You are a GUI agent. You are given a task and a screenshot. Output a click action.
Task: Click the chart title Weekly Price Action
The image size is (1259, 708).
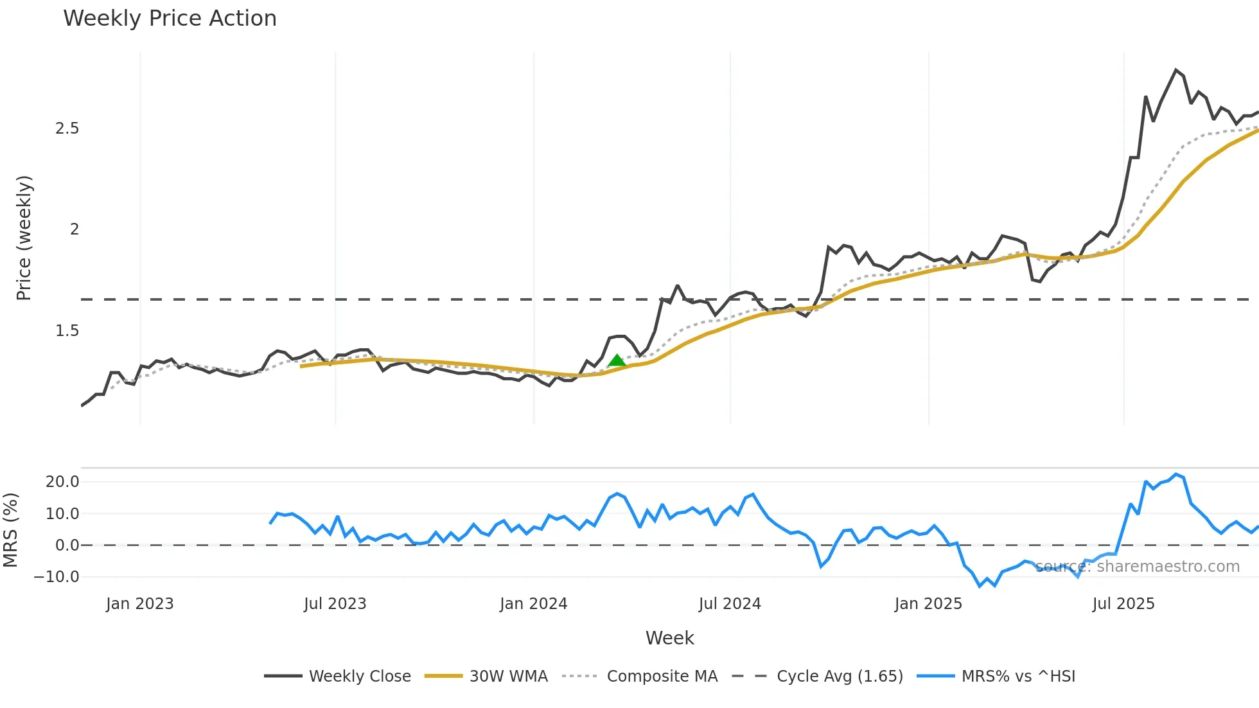point(170,19)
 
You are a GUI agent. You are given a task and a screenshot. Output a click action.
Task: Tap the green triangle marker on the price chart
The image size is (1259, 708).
point(617,360)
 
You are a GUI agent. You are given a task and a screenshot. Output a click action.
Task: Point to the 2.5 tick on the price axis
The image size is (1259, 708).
point(67,128)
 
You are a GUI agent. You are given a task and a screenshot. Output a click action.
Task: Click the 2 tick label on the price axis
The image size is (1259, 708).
point(75,229)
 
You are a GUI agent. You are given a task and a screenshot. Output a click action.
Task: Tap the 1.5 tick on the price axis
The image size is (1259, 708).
point(67,331)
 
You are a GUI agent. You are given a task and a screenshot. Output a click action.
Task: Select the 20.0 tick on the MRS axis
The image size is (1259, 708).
point(62,482)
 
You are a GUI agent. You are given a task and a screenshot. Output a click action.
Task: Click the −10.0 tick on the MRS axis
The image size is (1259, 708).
point(57,577)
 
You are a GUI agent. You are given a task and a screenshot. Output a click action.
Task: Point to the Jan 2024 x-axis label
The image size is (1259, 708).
point(533,604)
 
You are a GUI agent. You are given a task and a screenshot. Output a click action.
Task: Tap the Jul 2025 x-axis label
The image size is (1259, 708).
point(1123,604)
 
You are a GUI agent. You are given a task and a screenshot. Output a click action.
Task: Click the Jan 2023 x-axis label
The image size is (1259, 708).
point(140,604)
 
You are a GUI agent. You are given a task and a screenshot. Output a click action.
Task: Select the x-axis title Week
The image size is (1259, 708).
point(669,638)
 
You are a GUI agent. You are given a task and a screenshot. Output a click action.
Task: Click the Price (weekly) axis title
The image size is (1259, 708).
point(24,238)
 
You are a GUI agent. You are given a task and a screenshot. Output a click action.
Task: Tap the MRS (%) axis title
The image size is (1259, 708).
point(10,530)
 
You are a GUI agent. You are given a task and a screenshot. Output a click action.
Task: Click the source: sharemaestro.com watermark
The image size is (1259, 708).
point(1138,567)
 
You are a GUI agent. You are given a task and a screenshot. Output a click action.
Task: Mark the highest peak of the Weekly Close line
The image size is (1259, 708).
point(1176,70)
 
